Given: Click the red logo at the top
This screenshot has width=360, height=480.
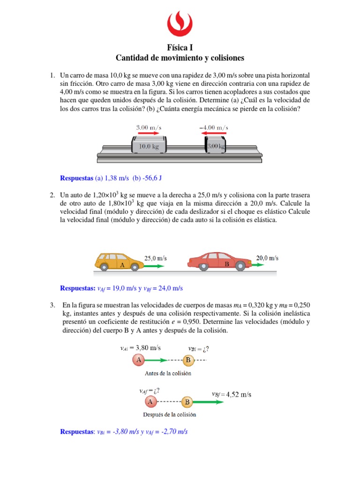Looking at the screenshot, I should click(x=180, y=24).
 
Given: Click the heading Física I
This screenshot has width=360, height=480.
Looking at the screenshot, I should click(x=180, y=47).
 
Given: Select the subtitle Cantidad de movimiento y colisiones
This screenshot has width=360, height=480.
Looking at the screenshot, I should click(x=180, y=58).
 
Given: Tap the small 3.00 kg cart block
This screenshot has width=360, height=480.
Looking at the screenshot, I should click(x=216, y=145).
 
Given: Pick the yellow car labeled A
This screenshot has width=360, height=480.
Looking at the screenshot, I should click(x=119, y=262).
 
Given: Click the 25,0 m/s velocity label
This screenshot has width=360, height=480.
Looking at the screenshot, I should click(x=155, y=258).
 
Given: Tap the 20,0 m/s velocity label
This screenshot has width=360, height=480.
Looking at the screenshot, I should click(x=267, y=257).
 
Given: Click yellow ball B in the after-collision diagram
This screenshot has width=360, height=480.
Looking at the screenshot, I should click(x=187, y=402).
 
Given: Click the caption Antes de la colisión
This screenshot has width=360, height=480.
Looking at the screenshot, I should click(x=162, y=374).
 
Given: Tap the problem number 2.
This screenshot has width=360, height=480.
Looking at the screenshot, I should click(x=52, y=194).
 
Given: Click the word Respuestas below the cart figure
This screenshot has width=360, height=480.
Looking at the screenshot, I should click(x=77, y=178).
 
